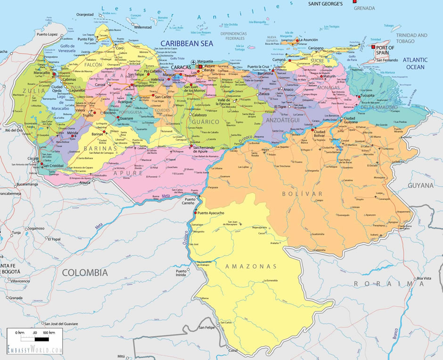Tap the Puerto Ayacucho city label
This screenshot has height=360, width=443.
[x=211, y=213]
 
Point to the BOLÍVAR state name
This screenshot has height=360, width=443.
[x=303, y=194]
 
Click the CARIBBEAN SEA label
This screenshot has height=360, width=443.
[x=186, y=43]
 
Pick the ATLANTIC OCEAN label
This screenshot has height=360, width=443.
[x=415, y=63]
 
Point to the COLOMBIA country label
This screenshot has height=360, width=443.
[x=85, y=272]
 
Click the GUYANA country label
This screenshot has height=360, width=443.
[x=420, y=186]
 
